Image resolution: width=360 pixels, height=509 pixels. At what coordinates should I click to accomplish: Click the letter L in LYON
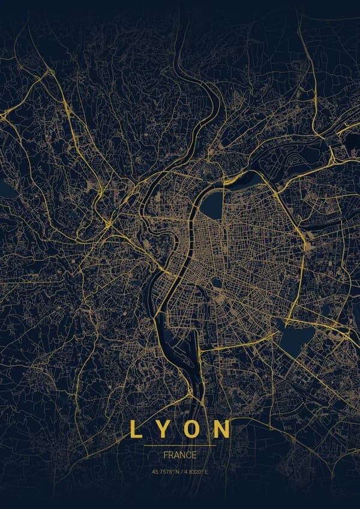click(136, 429)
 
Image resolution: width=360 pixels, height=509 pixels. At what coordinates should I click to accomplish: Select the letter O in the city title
click(194, 429)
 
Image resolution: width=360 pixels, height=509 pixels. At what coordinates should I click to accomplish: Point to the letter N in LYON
click(223, 429)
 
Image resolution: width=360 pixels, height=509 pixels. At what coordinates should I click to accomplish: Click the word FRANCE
click(180, 455)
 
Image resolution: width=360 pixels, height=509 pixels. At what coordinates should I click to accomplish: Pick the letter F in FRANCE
click(166, 455)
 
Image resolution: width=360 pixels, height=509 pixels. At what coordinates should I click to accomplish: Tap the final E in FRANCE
click(194, 455)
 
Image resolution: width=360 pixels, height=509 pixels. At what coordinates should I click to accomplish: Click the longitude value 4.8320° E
click(196, 471)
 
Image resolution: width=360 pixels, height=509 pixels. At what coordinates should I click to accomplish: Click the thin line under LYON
click(180, 445)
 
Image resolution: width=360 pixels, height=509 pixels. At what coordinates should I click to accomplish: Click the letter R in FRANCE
click(171, 455)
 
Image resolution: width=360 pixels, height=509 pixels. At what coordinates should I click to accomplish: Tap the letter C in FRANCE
click(188, 455)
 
